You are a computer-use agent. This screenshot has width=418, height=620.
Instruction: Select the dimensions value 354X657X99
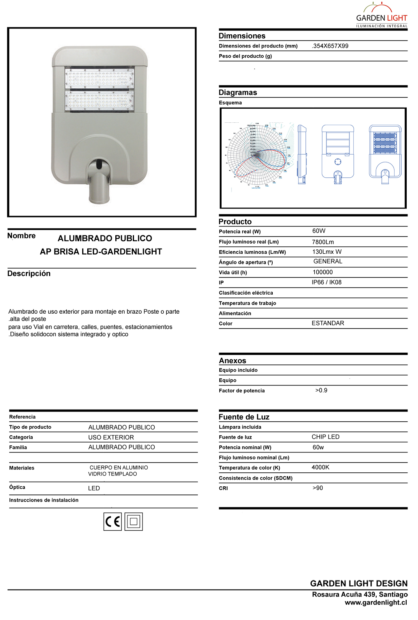click(330, 46)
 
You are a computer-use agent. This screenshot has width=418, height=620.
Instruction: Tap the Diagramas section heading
click(238, 93)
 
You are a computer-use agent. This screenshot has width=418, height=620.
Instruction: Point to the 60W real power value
click(319, 231)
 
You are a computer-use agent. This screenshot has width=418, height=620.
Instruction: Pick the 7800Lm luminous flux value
click(323, 242)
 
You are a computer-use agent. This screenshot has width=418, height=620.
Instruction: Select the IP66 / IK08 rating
click(326, 283)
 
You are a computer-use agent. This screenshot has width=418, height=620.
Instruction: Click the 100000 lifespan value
click(323, 272)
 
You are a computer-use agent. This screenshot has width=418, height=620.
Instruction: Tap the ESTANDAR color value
click(328, 323)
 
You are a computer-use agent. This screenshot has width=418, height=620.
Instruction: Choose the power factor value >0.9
click(321, 390)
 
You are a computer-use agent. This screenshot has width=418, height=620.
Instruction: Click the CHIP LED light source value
click(325, 437)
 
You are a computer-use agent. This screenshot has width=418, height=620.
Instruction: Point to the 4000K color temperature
click(320, 468)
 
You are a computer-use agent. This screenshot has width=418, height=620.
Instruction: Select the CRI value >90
click(317, 488)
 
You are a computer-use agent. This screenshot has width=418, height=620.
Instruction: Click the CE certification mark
click(113, 522)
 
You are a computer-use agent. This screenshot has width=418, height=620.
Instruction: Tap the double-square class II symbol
click(134, 522)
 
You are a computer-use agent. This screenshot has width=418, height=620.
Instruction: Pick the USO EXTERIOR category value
click(111, 438)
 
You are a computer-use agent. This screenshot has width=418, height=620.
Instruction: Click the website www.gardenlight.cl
click(376, 603)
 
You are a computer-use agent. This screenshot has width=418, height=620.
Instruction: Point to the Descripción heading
click(29, 274)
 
